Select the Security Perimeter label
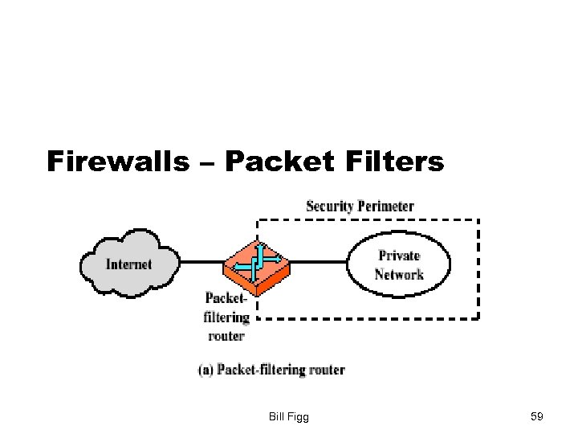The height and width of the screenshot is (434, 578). [x=360, y=207]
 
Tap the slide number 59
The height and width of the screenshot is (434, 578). [x=537, y=416]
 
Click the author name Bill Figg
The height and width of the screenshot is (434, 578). [x=291, y=416]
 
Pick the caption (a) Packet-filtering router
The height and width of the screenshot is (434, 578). [x=271, y=370]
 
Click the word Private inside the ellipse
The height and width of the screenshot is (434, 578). [x=399, y=256]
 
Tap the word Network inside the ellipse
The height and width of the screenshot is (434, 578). [x=399, y=274]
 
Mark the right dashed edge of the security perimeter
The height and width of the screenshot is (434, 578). [x=478, y=269]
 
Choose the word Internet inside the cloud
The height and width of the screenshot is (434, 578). [x=128, y=264]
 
